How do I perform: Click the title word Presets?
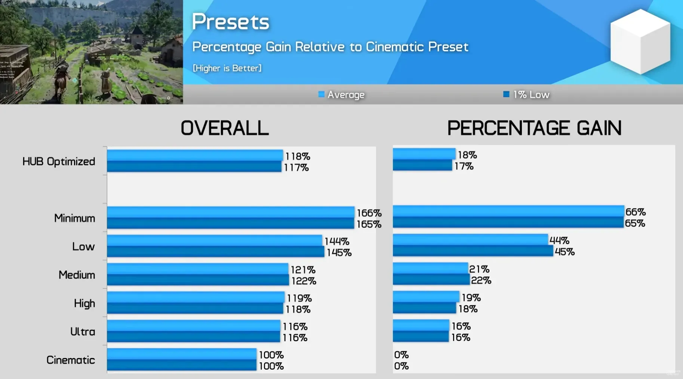pyautogui.click(x=230, y=22)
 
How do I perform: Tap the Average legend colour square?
pyautogui.click(x=321, y=94)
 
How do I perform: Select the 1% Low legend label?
pyautogui.click(x=531, y=95)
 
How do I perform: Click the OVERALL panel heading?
pyautogui.click(x=224, y=128)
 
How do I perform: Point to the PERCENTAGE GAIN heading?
pyautogui.click(x=534, y=128)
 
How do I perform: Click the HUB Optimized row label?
pyautogui.click(x=59, y=162)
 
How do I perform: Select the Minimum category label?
pyautogui.click(x=74, y=218)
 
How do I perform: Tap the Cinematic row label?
pyautogui.click(x=70, y=360)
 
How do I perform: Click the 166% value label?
pyautogui.click(x=369, y=213)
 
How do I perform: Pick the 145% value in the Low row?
pyautogui.click(x=339, y=253)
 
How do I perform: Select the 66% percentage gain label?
pyautogui.click(x=635, y=212)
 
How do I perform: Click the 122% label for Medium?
pyautogui.click(x=304, y=281)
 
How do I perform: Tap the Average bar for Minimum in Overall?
pyautogui.click(x=230, y=212)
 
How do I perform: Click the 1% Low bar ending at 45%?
pyautogui.click(x=473, y=251)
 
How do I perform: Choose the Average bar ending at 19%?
pyautogui.click(x=426, y=296)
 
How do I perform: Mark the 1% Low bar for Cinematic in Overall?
pyautogui.click(x=181, y=365)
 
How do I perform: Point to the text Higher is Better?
pyautogui.click(x=227, y=68)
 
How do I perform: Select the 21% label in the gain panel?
pyautogui.click(x=479, y=269)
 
